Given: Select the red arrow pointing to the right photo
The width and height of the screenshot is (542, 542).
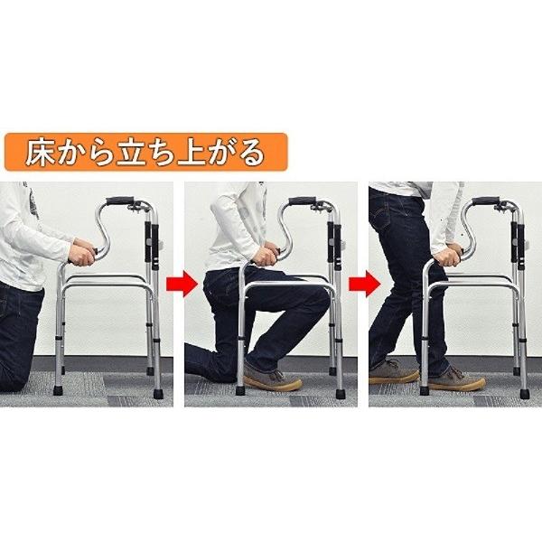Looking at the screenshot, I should click(x=361, y=286).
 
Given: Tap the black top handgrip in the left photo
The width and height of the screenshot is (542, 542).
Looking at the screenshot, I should click(x=121, y=201).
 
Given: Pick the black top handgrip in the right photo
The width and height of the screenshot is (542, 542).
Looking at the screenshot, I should click(x=486, y=201).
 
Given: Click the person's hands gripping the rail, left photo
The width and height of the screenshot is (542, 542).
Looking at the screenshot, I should click(x=84, y=256).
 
